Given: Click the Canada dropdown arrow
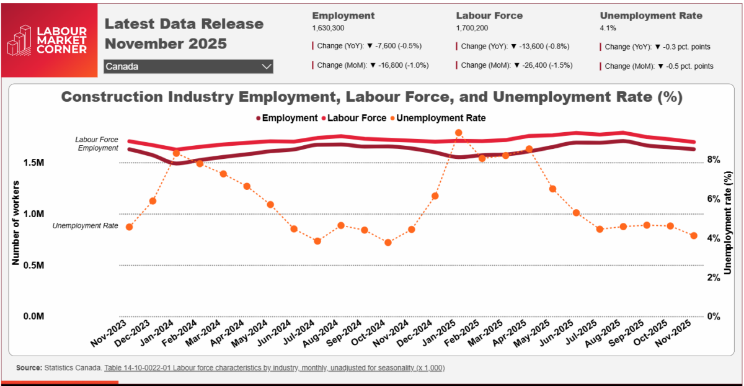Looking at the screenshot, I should [267, 66].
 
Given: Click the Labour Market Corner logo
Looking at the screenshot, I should [47, 40].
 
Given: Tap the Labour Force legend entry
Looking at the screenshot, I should [349, 118].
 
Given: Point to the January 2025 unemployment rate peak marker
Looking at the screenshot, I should [459, 133].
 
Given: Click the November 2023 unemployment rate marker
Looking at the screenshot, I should [129, 227].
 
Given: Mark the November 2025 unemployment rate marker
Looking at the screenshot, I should [694, 236].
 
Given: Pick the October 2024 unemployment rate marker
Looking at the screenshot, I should [388, 243].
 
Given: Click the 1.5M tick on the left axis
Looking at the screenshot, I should [33, 163].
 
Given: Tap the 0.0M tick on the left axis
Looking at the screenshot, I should [33, 316].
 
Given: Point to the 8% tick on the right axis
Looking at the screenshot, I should [714, 160].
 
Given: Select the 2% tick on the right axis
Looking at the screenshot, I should [714, 277].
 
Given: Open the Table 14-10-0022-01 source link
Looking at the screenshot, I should [274, 368].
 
